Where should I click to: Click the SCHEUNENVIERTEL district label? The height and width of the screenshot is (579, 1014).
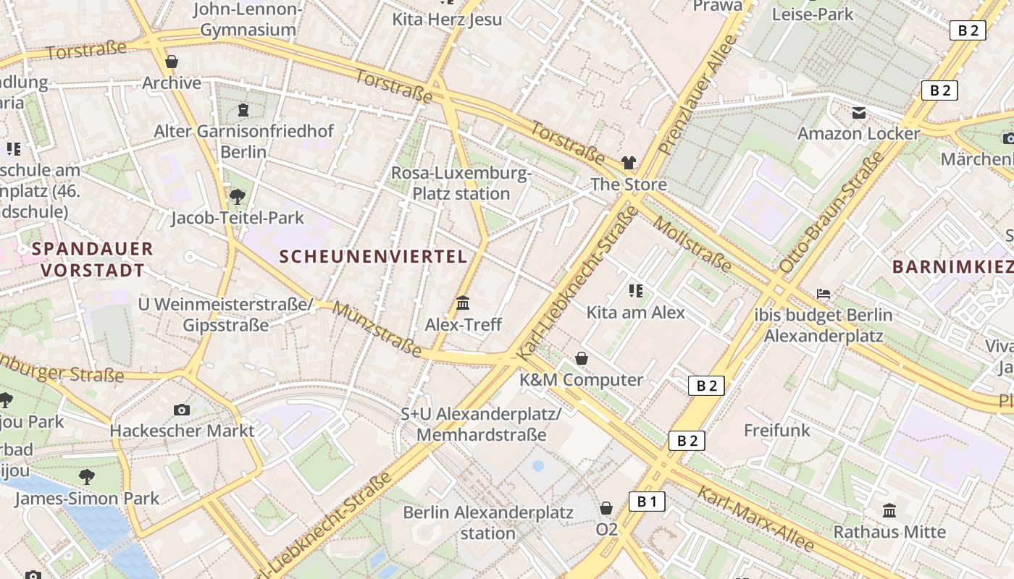point(373,256)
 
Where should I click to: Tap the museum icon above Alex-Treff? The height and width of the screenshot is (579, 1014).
point(463,303)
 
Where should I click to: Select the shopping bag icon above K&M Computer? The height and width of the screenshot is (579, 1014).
point(581,358)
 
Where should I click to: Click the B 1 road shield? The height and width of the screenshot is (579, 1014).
point(647,502)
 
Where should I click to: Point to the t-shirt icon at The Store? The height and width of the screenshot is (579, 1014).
point(628,163)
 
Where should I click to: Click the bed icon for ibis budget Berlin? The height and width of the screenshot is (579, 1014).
point(824,294)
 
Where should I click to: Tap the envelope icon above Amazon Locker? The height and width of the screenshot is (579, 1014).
point(859,113)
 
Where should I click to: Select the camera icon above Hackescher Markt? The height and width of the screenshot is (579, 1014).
point(182,410)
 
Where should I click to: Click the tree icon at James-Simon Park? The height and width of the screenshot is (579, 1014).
point(87,477)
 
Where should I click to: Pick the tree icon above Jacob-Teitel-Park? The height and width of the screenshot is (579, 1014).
point(237,196)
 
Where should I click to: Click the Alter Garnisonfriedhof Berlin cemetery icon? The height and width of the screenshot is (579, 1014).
point(243,110)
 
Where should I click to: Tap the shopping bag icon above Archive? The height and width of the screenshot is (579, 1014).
point(172,62)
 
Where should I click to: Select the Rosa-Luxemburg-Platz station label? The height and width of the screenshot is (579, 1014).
point(461,184)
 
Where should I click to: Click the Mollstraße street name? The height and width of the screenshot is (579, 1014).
point(692,243)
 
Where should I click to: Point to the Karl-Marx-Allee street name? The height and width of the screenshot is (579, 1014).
point(755,518)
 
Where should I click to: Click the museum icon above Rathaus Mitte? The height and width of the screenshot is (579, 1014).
point(889,510)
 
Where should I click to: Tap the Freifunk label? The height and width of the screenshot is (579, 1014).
point(777,431)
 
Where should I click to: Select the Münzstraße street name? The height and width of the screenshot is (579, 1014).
point(378,329)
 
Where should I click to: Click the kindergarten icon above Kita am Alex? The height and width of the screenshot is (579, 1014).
point(636,291)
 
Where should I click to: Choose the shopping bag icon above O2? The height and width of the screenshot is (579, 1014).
point(606,508)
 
